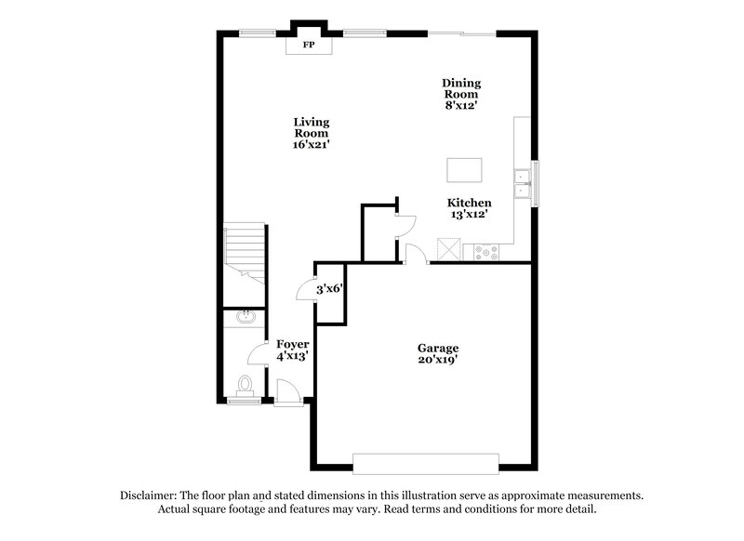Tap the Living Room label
pos(312,133)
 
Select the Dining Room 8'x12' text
pos(460,94)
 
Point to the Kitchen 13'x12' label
pos(469,208)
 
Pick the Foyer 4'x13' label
pos(292,350)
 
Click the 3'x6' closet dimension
pos(331,289)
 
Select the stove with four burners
pos(486,250)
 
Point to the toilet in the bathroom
pos(245,385)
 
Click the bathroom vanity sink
pos(246,318)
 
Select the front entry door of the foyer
pos(289,394)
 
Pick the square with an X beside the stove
pos(450,249)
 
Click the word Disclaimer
pos(151,495)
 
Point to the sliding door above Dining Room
pos(461,34)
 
